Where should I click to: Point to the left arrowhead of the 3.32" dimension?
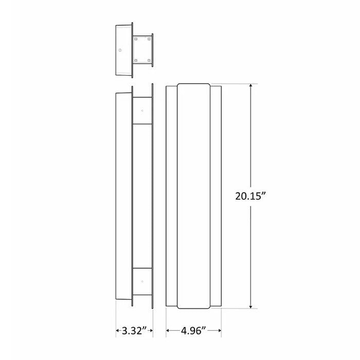[117, 329]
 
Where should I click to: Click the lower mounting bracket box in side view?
[142, 282]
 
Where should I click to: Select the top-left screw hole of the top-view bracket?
[136, 39]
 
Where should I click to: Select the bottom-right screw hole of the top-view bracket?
[149, 61]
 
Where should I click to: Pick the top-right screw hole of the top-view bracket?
[149, 39]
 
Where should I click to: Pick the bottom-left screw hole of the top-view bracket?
[136, 61]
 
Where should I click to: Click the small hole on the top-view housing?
[120, 50]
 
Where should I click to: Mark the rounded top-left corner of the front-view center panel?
[178, 85]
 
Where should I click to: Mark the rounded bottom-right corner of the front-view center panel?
[208, 307]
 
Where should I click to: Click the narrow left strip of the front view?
[171, 195]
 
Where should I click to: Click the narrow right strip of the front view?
[216, 195]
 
